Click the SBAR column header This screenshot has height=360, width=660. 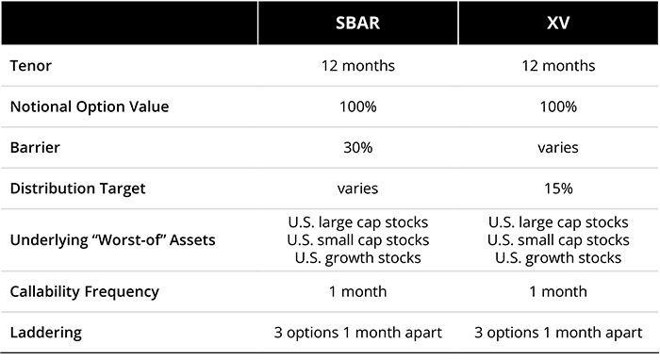357,22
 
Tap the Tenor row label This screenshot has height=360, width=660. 30,67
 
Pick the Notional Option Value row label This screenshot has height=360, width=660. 90,106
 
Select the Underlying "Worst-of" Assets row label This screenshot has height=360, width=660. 112,239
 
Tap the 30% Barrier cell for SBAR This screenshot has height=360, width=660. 357,148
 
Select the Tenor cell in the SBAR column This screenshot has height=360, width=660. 357,67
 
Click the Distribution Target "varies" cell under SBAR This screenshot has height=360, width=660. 357,188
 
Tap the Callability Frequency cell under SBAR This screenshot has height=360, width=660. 357,291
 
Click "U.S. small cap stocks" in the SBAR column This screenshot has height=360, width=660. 357,240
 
